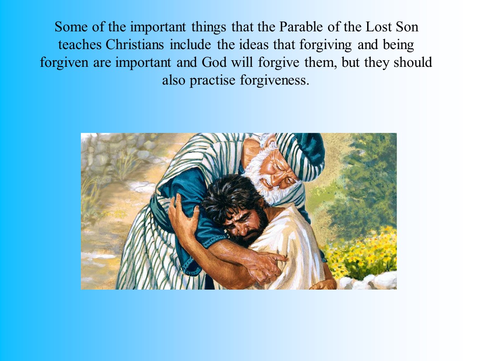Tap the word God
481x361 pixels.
pos(215,62)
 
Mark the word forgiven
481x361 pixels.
pos(64,62)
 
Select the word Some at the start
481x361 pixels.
pos(70,27)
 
